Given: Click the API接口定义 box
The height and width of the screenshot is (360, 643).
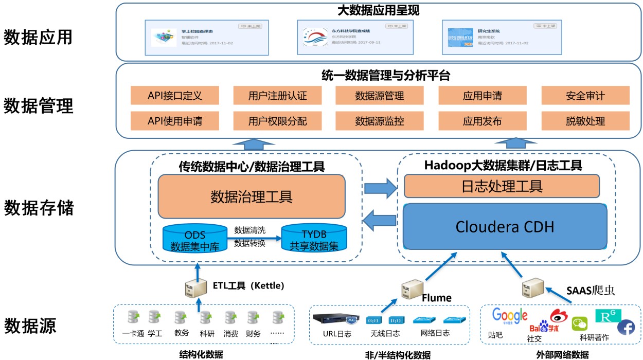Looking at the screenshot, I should pos(175,96).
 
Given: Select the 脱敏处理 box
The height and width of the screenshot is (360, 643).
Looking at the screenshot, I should pos(585,121).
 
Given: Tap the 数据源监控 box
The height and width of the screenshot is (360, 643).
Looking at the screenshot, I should pos(380,121).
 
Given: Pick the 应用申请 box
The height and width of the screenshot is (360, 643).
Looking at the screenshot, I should pos(483,96).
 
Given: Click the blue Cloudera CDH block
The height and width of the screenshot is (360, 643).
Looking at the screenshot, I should pos(505,226).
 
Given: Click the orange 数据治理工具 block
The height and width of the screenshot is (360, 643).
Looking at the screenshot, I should pos(252,196).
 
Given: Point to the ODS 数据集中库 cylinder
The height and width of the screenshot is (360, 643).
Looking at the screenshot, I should pos(195,238).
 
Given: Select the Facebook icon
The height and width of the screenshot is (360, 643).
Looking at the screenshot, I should pos(626,328).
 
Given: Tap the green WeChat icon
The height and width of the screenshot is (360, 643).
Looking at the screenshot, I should pos(580,323).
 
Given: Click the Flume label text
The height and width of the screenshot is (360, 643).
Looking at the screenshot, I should pos(437,298).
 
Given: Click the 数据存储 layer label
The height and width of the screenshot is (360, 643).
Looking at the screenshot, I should pos(39,208).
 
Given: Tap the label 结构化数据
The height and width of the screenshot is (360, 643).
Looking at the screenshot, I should pos(201,354).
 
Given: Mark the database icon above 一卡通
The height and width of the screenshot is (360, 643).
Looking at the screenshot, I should pos(133,317).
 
